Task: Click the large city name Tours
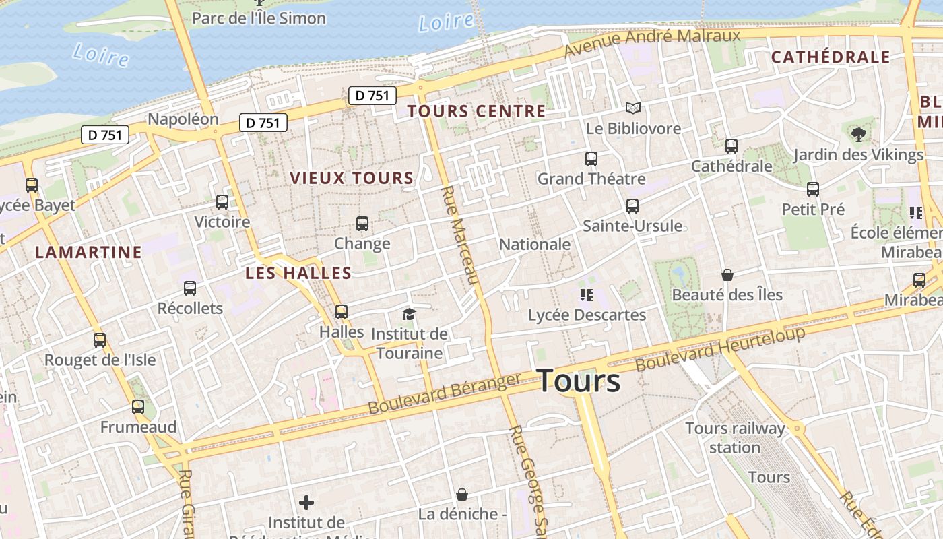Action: pos(579,381)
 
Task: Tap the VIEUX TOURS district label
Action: pos(352,179)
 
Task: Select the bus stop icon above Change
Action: pos(362,224)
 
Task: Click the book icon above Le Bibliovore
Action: pos(632,108)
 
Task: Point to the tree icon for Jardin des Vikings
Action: pos(858,135)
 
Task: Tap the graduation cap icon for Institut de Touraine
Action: pos(409,314)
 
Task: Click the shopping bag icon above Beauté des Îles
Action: pos(727,275)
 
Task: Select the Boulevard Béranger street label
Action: pos(445,394)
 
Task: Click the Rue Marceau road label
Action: pos(459,236)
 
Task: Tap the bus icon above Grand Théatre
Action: pos(591,159)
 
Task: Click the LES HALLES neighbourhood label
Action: pos(298,273)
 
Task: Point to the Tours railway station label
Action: pos(735,438)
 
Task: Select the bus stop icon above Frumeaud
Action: pos(138,407)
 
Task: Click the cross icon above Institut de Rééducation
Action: pos(306,503)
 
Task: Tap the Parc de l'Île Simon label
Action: pos(259,18)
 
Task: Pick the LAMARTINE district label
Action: pos(88,253)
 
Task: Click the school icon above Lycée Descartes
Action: pos(586,295)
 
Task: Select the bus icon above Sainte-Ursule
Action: pos(632,206)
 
